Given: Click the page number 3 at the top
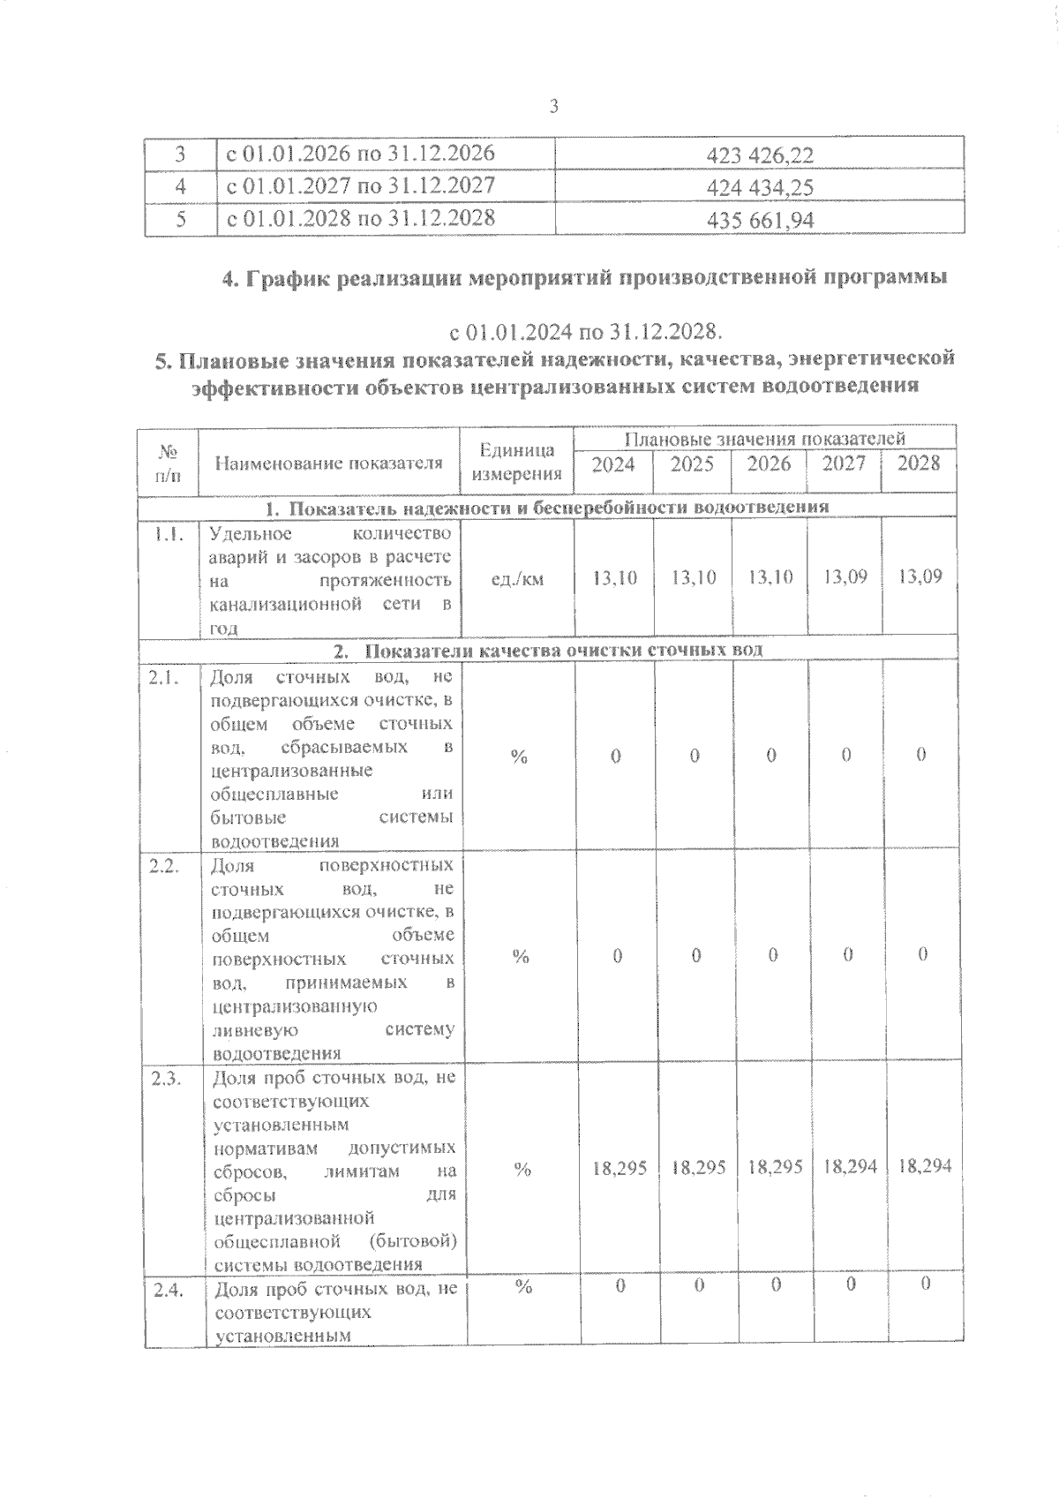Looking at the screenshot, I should pyautogui.click(x=553, y=108).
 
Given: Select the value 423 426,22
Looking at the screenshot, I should pyautogui.click(x=760, y=156).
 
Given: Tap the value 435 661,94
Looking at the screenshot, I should pyautogui.click(x=760, y=220).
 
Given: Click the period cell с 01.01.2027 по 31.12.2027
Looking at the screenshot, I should pyautogui.click(x=361, y=185).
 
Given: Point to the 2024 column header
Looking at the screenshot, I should pyautogui.click(x=613, y=464).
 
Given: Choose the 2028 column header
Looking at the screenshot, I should pyautogui.click(x=919, y=463).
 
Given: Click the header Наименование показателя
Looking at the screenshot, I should pyautogui.click(x=328, y=463).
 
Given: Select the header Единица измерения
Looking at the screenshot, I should pyautogui.click(x=517, y=462).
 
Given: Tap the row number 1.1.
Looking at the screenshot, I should pyautogui.click(x=167, y=534).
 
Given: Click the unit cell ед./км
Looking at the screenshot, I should pyautogui.click(x=517, y=579).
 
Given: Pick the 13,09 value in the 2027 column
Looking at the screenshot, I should pyautogui.click(x=845, y=577).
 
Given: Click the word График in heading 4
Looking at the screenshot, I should pyautogui.click(x=286, y=279).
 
